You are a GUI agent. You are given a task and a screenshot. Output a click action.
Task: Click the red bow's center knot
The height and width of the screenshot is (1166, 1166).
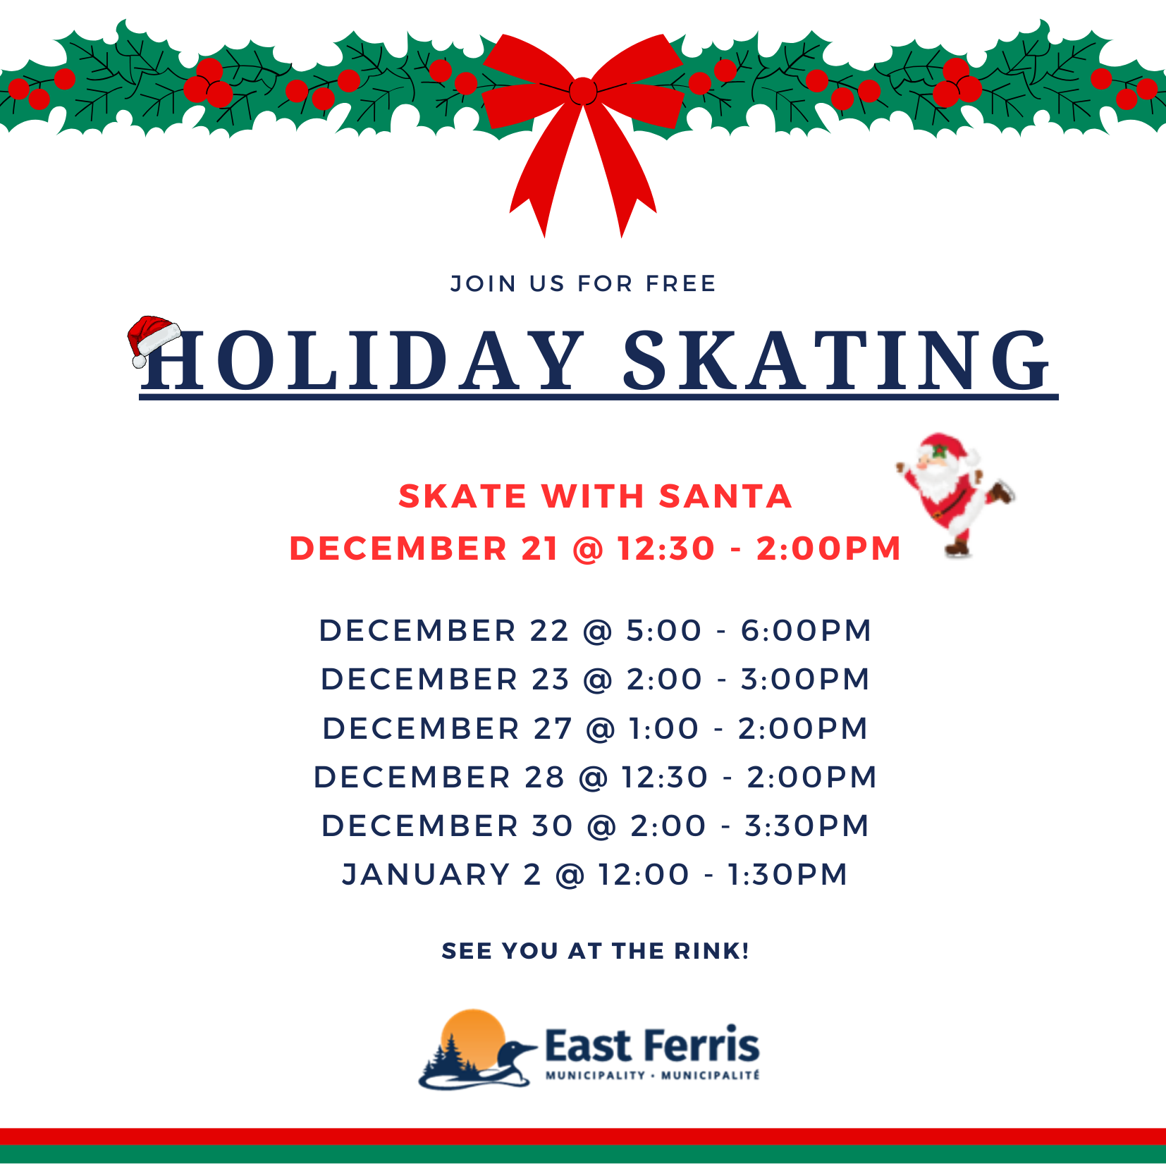(x=583, y=91)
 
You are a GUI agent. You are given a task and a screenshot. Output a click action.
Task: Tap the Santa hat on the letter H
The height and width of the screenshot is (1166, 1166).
(x=154, y=340)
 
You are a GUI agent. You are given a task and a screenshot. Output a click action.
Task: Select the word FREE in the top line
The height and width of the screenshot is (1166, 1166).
(x=681, y=283)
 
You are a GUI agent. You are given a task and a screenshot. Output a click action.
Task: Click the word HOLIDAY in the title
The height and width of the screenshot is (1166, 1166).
(x=363, y=360)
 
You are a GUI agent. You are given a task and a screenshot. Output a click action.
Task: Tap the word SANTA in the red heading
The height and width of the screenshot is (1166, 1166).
(x=725, y=496)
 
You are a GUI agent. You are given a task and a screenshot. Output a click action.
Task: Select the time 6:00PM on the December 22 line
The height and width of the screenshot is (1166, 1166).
(x=806, y=630)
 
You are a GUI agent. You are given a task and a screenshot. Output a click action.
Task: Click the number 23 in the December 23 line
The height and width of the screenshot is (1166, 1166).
(x=551, y=679)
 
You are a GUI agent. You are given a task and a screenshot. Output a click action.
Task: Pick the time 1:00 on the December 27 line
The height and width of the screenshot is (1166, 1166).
(x=663, y=728)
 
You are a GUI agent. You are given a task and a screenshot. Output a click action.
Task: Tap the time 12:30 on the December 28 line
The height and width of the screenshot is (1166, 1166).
(x=664, y=777)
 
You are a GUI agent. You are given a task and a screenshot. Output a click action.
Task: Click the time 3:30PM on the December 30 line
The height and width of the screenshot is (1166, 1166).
(x=806, y=826)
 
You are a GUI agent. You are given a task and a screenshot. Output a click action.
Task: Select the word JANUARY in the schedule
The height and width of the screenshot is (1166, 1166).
(x=426, y=874)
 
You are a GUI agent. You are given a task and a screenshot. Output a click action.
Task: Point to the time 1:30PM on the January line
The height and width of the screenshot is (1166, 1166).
(x=787, y=874)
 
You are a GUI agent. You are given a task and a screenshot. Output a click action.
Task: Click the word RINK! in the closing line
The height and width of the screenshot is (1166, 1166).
(x=711, y=951)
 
